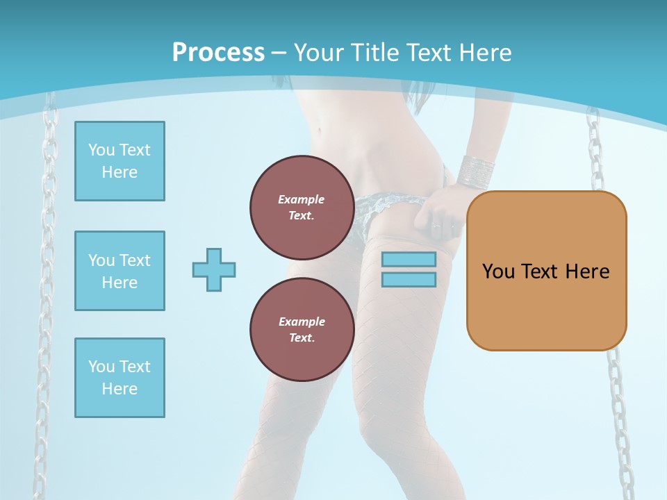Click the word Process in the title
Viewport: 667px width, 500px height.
(x=218, y=53)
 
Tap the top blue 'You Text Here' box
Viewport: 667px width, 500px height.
(x=120, y=161)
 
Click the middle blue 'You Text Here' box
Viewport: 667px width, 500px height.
(x=120, y=271)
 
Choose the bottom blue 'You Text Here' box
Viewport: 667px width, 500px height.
(x=120, y=378)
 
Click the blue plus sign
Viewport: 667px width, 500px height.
(x=214, y=269)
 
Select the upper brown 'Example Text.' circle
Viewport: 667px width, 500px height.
(x=302, y=207)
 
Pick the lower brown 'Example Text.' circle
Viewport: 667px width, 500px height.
(x=302, y=329)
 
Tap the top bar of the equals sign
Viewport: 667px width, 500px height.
(x=409, y=259)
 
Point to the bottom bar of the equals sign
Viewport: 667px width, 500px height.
(x=409, y=280)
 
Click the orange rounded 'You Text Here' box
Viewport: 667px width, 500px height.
(x=546, y=271)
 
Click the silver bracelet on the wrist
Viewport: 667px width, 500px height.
(x=477, y=169)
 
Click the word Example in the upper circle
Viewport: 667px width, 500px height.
(x=302, y=199)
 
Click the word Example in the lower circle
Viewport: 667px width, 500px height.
(x=302, y=322)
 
